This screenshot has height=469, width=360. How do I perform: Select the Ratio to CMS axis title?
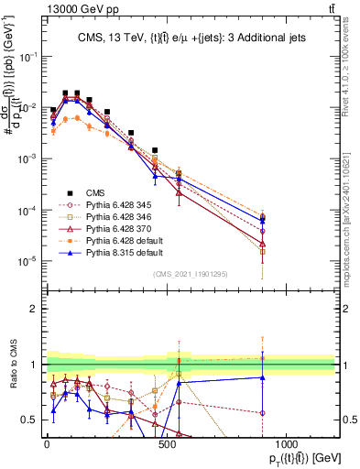click(x=13, y=375)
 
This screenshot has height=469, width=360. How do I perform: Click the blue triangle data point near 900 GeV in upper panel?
click(x=263, y=220)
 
